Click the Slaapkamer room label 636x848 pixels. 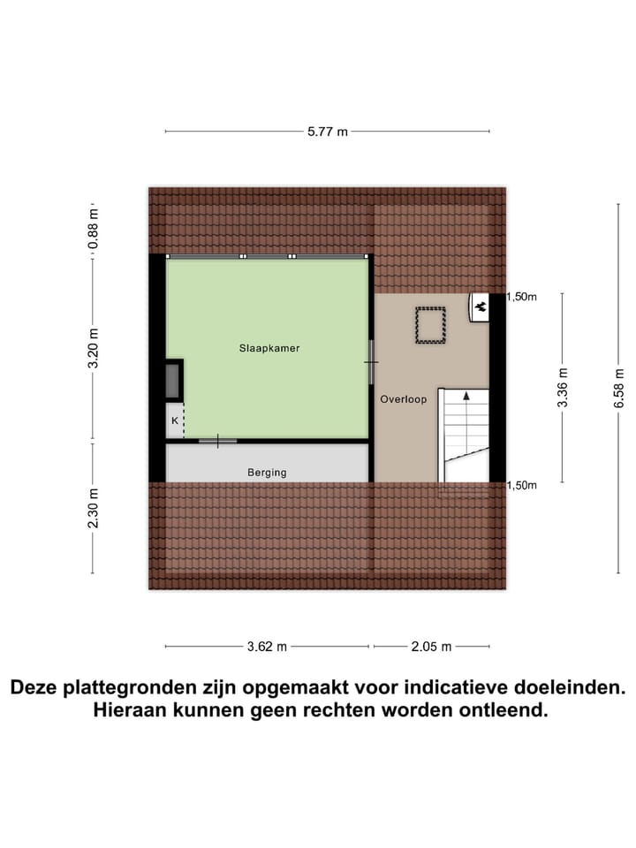pyautogui.click(x=269, y=348)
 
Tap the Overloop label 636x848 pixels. pyautogui.click(x=404, y=399)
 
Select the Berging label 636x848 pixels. pyautogui.click(x=267, y=473)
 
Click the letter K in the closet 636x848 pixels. pyautogui.click(x=175, y=421)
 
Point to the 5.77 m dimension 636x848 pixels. pyautogui.click(x=328, y=132)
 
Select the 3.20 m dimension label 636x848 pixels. pyautogui.click(x=94, y=347)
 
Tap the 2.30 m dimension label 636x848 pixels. pyautogui.click(x=94, y=507)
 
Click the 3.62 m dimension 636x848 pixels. pyautogui.click(x=267, y=647)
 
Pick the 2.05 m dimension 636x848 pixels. pyautogui.click(x=430, y=647)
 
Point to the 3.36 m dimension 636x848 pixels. pyautogui.click(x=562, y=389)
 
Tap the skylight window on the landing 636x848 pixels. pyautogui.click(x=430, y=324)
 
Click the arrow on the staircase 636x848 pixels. pyautogui.click(x=466, y=397)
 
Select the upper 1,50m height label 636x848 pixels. pyautogui.click(x=522, y=297)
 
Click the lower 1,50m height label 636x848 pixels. pyautogui.click(x=522, y=485)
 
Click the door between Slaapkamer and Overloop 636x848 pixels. pyautogui.click(x=372, y=362)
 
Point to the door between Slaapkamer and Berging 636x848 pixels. pyautogui.click(x=217, y=440)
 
